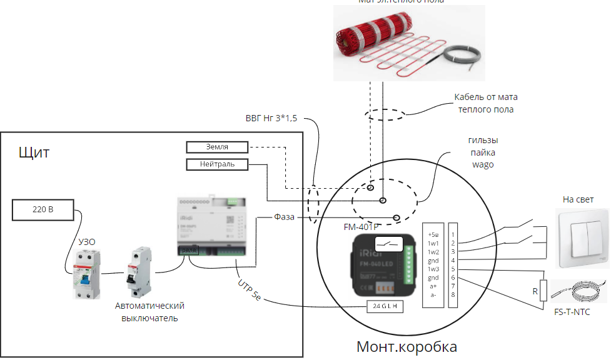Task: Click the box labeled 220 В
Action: click(43, 210)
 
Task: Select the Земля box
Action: click(217, 147)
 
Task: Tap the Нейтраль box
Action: click(217, 165)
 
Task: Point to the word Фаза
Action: click(285, 217)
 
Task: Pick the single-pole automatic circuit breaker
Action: click(138, 274)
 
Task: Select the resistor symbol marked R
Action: click(543, 290)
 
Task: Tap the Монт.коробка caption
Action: click(406, 346)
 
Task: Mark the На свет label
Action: click(578, 199)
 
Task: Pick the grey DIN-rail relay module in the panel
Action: click(216, 228)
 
